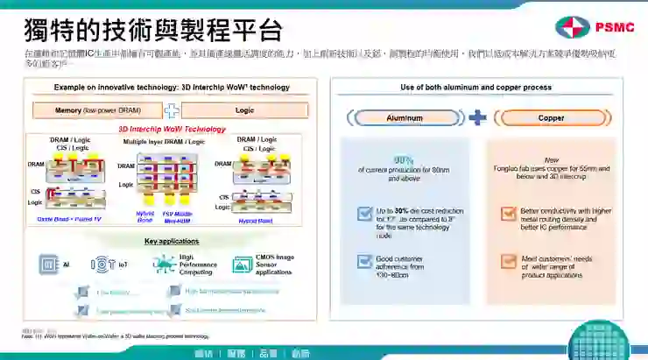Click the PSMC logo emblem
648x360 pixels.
[574, 27]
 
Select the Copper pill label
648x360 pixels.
[551, 117]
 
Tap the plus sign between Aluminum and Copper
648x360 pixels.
[477, 117]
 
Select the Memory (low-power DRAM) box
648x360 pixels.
[98, 110]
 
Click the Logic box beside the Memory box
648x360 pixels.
[244, 110]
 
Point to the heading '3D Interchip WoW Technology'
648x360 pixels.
[172, 129]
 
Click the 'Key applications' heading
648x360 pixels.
[172, 241]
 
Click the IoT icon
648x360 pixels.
[102, 263]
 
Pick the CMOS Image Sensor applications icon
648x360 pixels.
[243, 263]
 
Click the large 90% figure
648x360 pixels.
[403, 159]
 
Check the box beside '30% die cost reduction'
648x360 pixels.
[364, 214]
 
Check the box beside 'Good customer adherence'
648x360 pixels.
[364, 260]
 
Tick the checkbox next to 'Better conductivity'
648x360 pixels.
[509, 214]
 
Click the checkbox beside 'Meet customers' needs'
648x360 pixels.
[509, 260]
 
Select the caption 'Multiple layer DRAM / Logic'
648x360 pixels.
[164, 141]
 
